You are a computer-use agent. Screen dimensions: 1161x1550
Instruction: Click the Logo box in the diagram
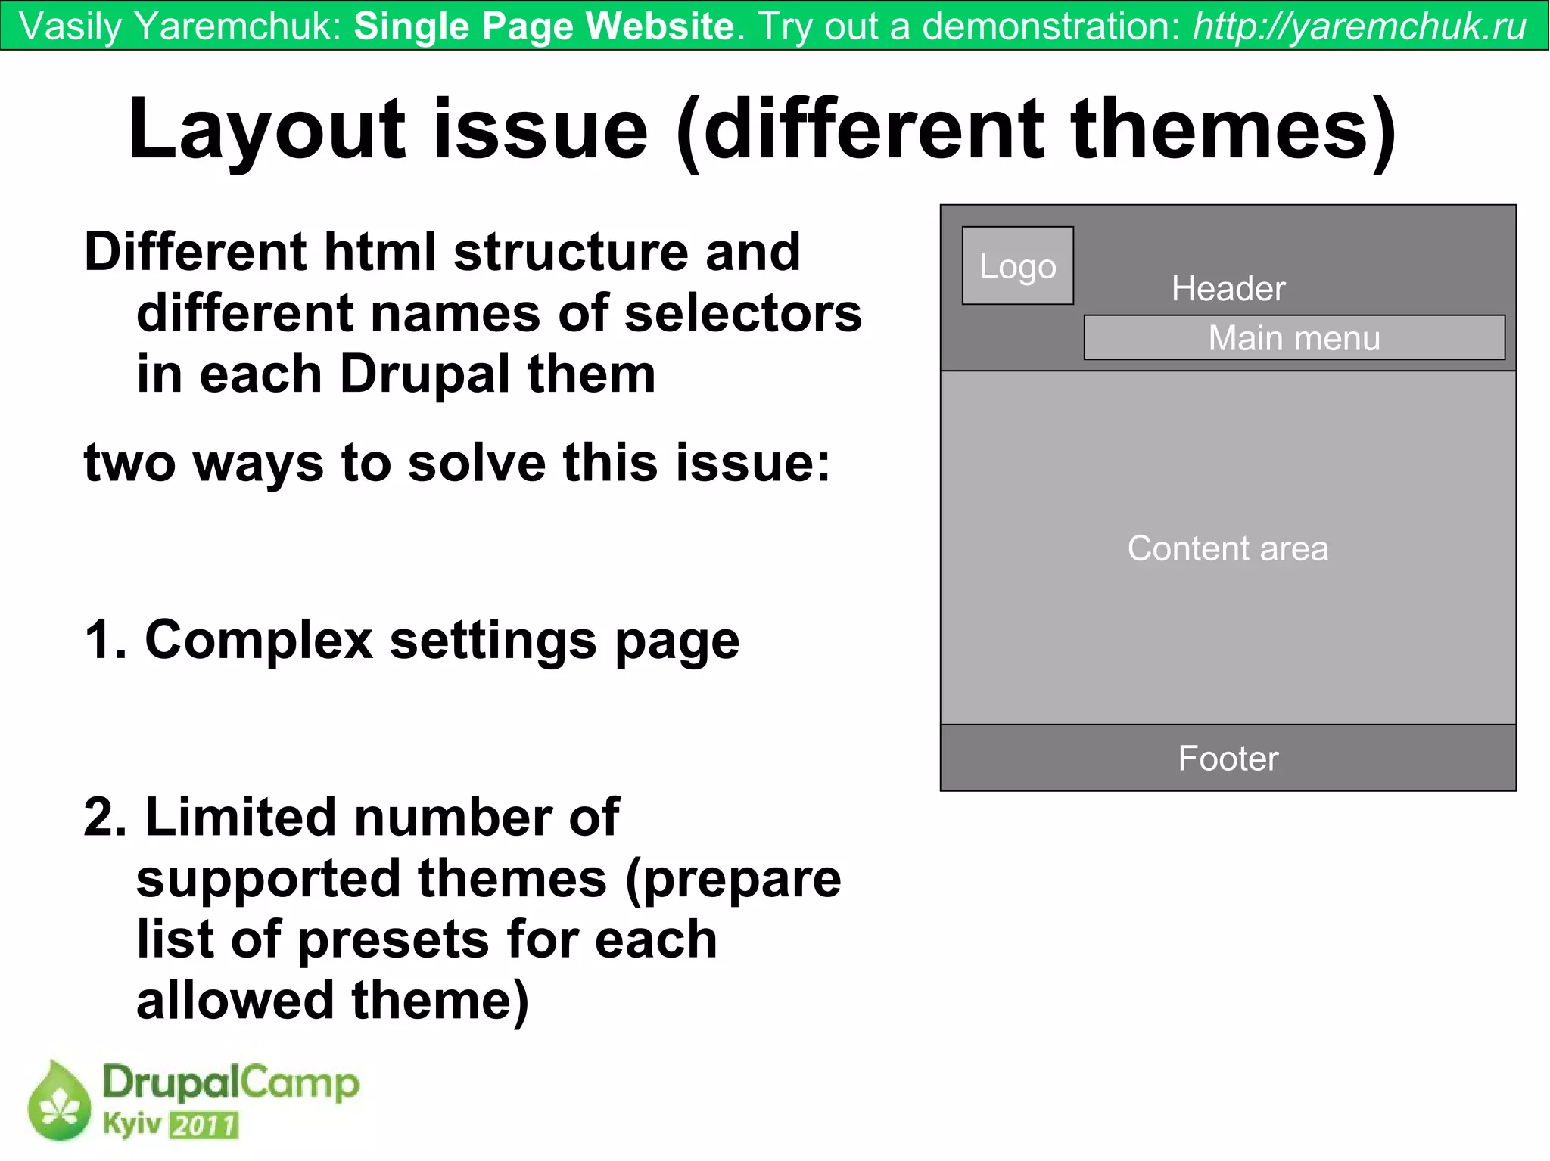tap(1017, 265)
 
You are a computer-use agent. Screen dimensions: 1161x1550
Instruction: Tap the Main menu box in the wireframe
tap(1293, 337)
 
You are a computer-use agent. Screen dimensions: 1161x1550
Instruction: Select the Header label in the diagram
tap(1228, 288)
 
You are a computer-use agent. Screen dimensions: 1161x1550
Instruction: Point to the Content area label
tap(1227, 548)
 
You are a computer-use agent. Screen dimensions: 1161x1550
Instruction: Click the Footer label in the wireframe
tap(1228, 758)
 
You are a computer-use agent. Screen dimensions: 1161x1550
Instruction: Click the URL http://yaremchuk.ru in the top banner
tap(1359, 26)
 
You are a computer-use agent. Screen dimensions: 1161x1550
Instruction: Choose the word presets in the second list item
tap(393, 940)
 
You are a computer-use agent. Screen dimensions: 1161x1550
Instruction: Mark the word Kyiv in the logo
tap(132, 1124)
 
